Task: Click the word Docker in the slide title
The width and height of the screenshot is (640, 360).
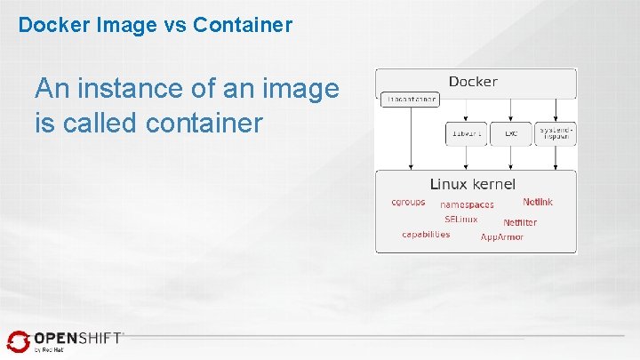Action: click(x=49, y=25)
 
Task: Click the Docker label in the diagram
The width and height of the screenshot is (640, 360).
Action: click(x=473, y=82)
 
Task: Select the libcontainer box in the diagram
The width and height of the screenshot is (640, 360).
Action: click(x=410, y=100)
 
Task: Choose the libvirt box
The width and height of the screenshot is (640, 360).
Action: click(x=466, y=133)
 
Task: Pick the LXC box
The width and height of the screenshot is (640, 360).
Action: click(x=511, y=133)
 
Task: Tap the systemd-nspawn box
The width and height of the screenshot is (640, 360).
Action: click(x=556, y=133)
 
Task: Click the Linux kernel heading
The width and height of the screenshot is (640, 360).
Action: click(x=472, y=184)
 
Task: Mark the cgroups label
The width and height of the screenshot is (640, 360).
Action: click(x=408, y=202)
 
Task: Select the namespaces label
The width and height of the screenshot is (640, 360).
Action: click(x=467, y=204)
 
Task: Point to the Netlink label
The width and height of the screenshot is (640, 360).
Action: click(x=538, y=202)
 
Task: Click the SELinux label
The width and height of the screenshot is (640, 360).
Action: click(x=461, y=219)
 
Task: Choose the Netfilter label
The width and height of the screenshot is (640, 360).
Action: click(x=520, y=222)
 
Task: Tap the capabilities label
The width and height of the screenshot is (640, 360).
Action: click(x=426, y=235)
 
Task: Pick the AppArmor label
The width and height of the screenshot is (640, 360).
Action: click(x=502, y=237)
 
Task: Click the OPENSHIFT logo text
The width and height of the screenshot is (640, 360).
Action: click(x=78, y=339)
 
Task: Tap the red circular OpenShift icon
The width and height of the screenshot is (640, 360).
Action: click(x=18, y=341)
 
